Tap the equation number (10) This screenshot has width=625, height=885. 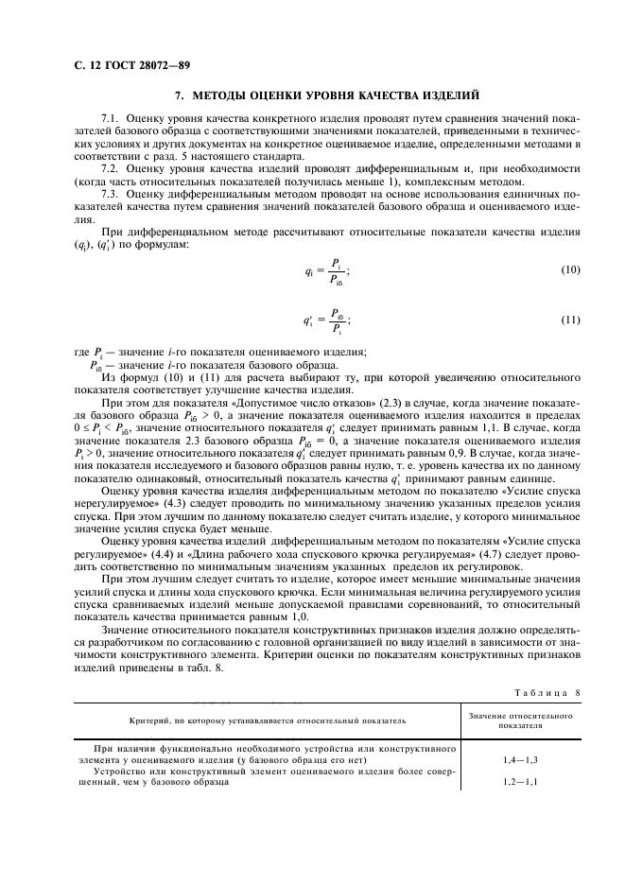pos(569,270)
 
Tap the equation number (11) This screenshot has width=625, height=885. pos(569,320)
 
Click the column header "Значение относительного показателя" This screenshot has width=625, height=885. pos(521,722)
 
